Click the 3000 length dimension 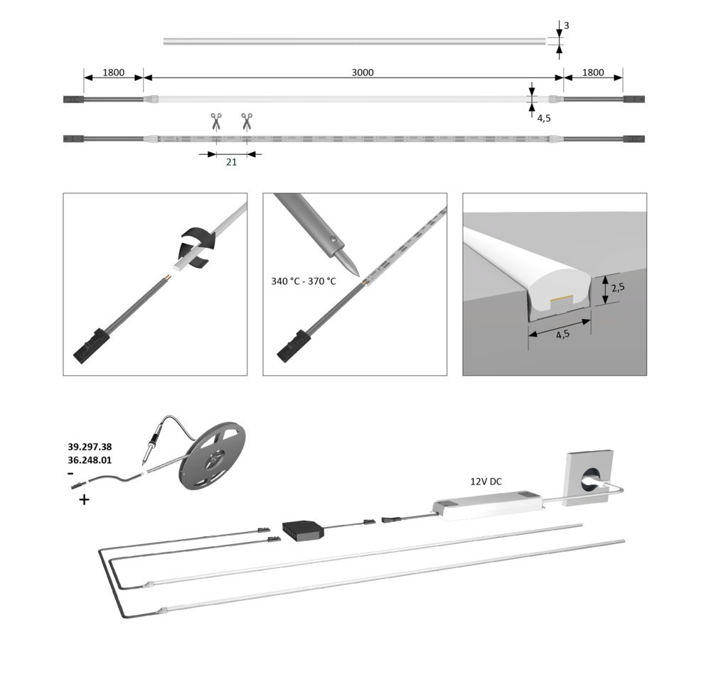363,72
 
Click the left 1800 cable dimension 114,72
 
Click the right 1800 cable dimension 592,72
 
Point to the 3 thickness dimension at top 566,26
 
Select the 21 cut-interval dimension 231,163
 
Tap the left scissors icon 215,121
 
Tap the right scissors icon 247,121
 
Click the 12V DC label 486,482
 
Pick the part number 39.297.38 90,447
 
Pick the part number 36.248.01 90,460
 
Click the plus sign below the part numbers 85,500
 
